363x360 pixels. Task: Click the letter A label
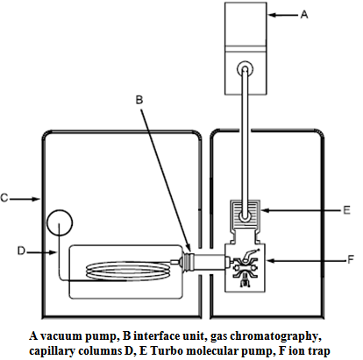click(x=304, y=14)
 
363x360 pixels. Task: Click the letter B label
click(x=139, y=100)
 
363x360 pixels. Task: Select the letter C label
click(x=4, y=198)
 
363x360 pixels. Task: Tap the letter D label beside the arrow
click(x=21, y=251)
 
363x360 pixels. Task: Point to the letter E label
click(x=346, y=210)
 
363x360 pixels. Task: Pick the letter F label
click(x=351, y=259)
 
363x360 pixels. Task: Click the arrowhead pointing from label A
click(x=272, y=15)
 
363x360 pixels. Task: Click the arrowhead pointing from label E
click(x=266, y=210)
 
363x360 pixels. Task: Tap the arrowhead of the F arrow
click(x=270, y=260)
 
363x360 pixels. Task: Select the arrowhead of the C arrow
click(x=36, y=199)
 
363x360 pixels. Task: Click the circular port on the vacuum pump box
click(x=245, y=69)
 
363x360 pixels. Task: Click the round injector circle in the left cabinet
click(x=60, y=222)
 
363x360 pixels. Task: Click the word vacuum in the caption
click(x=61, y=336)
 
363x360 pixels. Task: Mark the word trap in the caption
click(x=318, y=351)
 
